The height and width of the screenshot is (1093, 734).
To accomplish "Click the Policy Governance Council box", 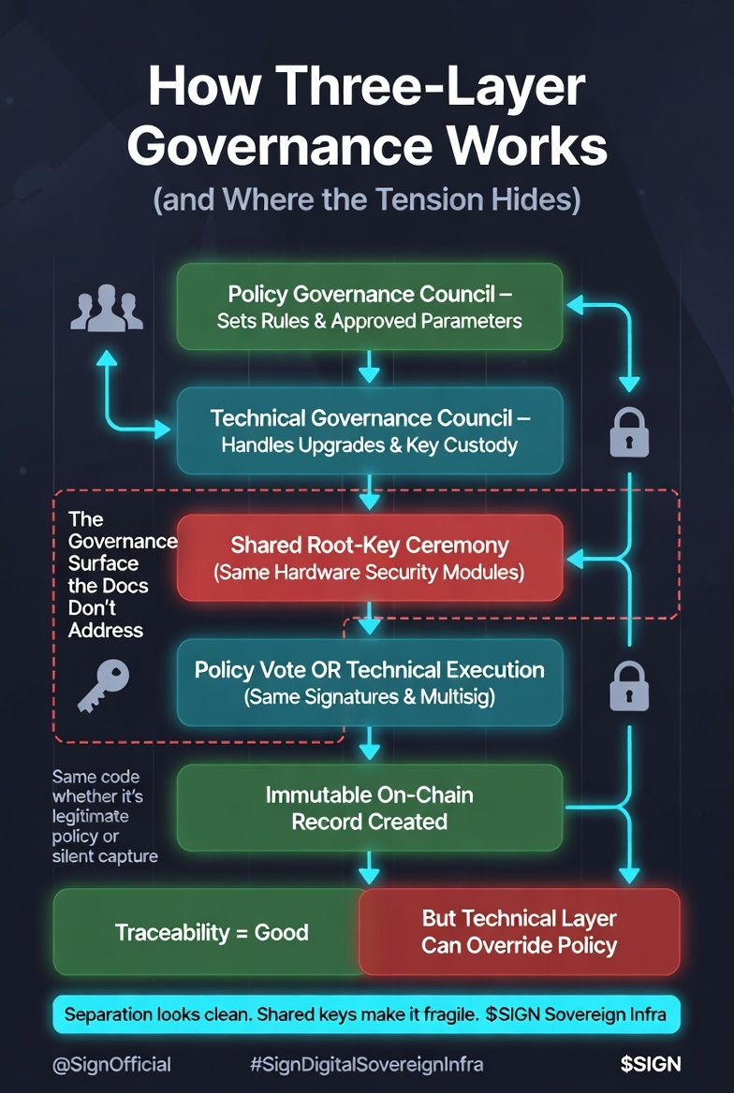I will tap(369, 307).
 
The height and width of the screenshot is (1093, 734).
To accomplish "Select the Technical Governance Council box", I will tap(369, 430).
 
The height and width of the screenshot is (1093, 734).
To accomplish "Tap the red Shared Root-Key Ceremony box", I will tap(369, 557).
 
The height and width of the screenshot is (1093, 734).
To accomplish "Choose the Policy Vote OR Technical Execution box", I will tap(369, 682).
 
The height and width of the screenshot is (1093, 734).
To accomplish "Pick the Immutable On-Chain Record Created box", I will tap(369, 808).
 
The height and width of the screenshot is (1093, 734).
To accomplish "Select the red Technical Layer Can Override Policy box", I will tap(519, 932).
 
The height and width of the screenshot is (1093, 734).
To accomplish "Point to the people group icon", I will tap(107, 311).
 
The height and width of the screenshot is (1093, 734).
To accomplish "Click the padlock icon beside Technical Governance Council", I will tap(629, 432).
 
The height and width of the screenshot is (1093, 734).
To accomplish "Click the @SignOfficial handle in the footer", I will tap(111, 1064).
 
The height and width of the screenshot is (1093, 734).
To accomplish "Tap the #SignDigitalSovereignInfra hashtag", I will tap(367, 1064).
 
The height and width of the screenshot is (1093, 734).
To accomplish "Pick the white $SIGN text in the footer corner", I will tap(650, 1064).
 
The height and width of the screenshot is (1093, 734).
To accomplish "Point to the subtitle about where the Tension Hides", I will tap(367, 199).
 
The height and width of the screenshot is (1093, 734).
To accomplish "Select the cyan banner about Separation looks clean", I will tap(367, 1014).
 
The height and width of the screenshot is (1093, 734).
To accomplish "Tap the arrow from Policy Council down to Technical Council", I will tap(370, 367).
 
